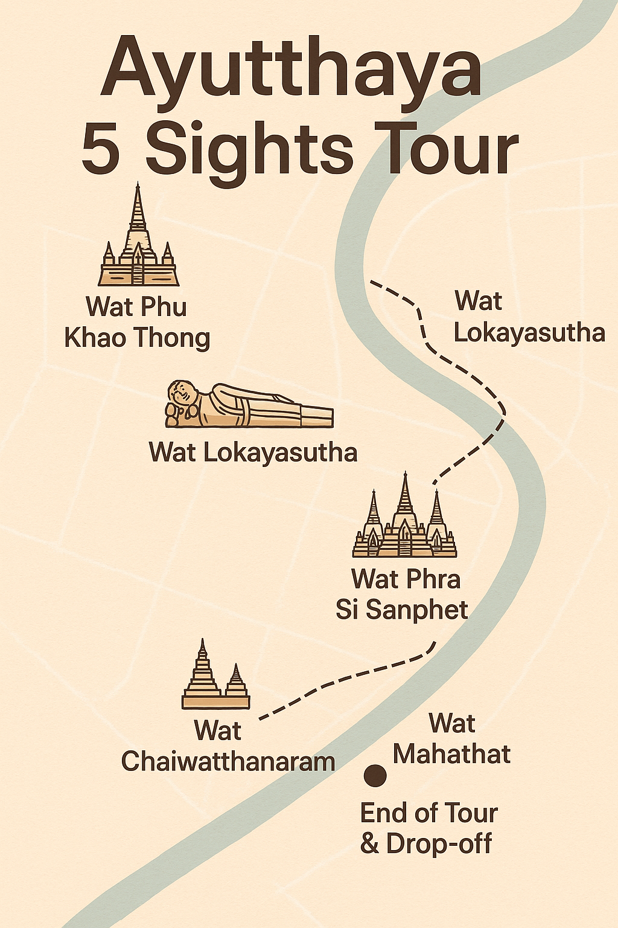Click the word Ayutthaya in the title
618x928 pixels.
click(x=291, y=68)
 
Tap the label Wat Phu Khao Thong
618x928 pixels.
click(x=137, y=322)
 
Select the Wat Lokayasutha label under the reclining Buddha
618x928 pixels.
click(x=253, y=453)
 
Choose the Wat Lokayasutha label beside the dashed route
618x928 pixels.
click(x=529, y=317)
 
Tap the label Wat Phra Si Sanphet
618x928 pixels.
click(x=403, y=594)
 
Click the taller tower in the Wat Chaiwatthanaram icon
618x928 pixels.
click(x=203, y=671)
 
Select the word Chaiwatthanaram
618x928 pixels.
click(x=228, y=761)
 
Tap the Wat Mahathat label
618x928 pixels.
click(x=451, y=739)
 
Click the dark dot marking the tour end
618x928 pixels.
click(x=375, y=775)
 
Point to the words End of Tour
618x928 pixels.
click(x=428, y=813)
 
